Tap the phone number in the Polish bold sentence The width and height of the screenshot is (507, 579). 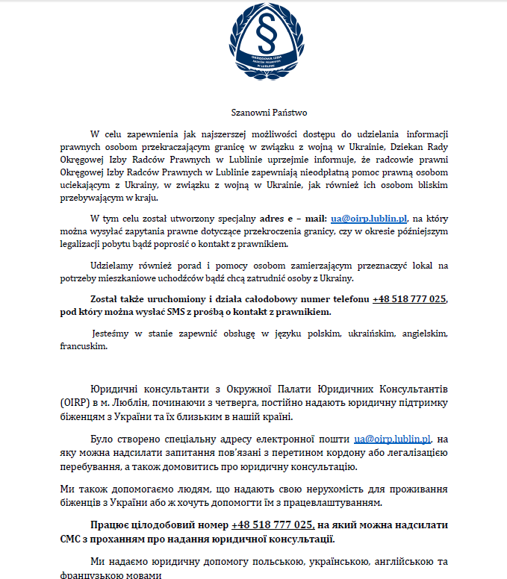[x=410, y=298]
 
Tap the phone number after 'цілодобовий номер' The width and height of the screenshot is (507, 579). [x=272, y=525]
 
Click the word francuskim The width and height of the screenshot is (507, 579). [x=79, y=346]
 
